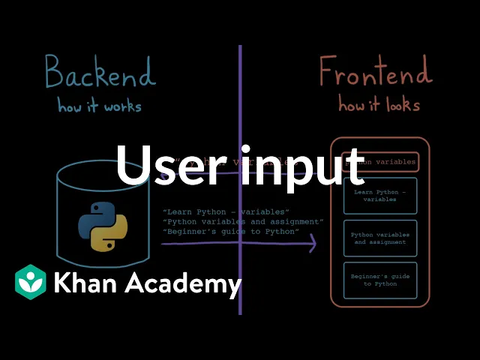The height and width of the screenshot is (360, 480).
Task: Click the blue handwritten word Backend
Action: [x=100, y=73]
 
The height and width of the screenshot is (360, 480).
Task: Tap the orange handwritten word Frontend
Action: [x=375, y=73]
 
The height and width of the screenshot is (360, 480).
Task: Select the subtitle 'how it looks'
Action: [x=379, y=104]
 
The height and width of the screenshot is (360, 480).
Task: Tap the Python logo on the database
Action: [x=103, y=225]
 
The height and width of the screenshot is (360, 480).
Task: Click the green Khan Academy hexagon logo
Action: [x=31, y=283]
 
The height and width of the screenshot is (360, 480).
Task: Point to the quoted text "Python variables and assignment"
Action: [x=242, y=222]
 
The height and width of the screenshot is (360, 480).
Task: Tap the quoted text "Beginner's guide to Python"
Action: [x=230, y=232]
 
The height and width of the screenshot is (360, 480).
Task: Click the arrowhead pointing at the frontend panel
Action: [x=312, y=243]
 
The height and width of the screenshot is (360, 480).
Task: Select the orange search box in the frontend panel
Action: [x=379, y=161]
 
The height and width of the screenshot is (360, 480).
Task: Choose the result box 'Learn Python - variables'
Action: [x=379, y=196]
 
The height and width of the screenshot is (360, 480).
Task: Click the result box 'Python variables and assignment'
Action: [x=379, y=238]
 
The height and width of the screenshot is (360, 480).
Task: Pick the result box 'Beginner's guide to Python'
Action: [x=379, y=280]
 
